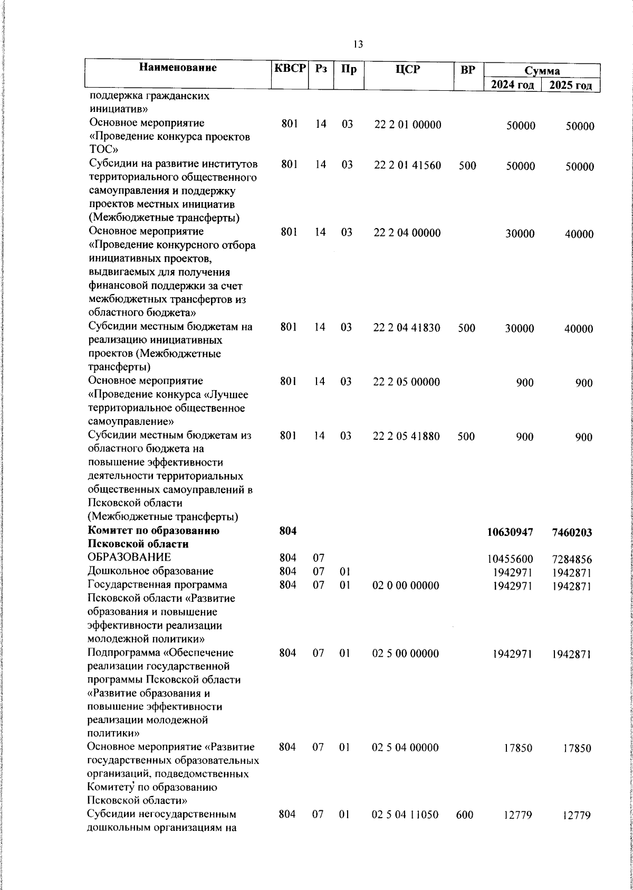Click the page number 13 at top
point(358,44)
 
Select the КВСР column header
point(290,69)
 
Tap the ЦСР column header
point(408,69)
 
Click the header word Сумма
point(542,71)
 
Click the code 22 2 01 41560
point(408,165)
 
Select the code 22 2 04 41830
point(407,328)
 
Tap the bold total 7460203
point(572,533)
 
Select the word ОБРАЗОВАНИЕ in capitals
point(129,557)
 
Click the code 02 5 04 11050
point(405,829)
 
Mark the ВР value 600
point(465,829)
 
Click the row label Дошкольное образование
point(150,571)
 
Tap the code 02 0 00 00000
point(405,585)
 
